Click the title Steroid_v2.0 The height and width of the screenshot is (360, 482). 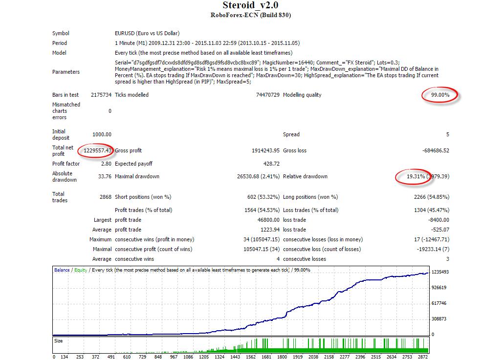click(x=250, y=5)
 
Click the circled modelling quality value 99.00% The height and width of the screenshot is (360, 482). click(x=440, y=95)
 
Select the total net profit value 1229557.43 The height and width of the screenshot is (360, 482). click(x=97, y=150)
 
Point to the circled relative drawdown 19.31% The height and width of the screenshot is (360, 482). click(x=416, y=176)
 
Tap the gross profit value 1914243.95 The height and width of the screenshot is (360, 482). click(x=265, y=150)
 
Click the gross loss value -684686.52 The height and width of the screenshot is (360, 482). click(x=436, y=150)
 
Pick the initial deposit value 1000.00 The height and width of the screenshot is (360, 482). click(x=102, y=134)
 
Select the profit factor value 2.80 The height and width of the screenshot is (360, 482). click(x=106, y=164)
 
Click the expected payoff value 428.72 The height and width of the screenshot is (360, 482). click(x=271, y=164)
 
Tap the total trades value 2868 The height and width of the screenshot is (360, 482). click(x=106, y=197)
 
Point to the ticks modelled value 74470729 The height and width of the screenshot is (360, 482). click(x=268, y=95)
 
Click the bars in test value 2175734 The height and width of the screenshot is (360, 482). click(x=101, y=95)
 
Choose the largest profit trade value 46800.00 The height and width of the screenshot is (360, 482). click(x=268, y=220)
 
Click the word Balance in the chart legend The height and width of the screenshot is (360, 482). click(x=62, y=270)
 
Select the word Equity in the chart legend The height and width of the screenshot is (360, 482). click(x=81, y=270)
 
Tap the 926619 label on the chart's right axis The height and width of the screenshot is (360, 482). click(x=439, y=288)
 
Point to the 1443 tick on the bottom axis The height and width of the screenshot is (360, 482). click(x=235, y=357)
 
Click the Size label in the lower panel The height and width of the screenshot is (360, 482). click(x=58, y=340)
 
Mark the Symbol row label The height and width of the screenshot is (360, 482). click(x=61, y=33)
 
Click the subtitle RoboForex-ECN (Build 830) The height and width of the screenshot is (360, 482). click(x=250, y=15)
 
